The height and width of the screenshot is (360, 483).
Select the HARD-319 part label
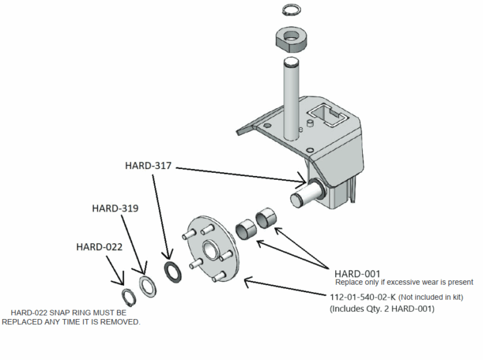coord(115,208)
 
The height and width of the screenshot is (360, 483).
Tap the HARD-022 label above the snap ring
coord(99,246)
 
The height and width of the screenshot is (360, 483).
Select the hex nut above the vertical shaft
coord(291,41)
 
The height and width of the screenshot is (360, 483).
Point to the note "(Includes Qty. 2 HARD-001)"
coord(382,308)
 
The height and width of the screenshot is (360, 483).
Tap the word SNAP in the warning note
coord(67,312)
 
